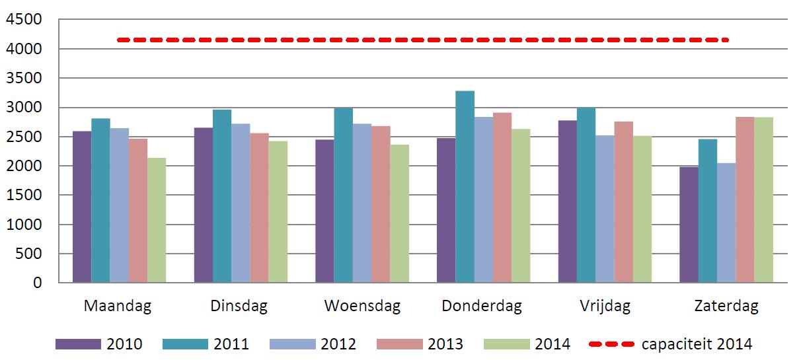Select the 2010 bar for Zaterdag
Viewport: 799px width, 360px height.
(689, 225)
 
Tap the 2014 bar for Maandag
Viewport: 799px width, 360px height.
(156, 220)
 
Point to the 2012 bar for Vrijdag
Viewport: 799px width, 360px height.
(605, 209)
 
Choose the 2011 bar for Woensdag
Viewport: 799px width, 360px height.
(343, 196)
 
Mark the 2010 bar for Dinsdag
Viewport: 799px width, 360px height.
(203, 205)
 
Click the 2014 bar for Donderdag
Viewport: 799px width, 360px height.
(520, 205)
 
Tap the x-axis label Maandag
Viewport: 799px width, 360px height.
(118, 306)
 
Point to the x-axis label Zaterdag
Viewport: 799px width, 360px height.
(726, 306)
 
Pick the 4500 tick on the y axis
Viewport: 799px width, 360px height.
(24, 20)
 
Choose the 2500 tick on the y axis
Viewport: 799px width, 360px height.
(24, 137)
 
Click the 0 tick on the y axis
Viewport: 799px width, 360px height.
(38, 283)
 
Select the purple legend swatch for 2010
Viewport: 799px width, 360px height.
(78, 344)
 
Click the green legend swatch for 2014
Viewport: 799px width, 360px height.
(507, 344)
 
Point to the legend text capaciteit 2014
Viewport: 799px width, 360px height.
(697, 344)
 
